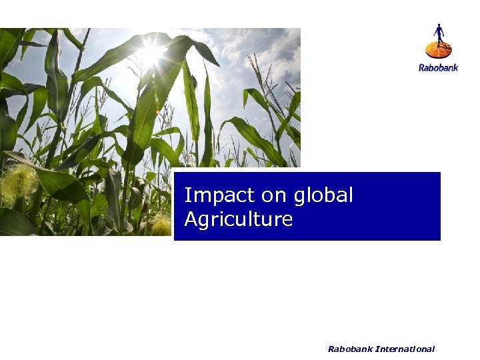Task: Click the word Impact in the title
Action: click(x=212, y=195)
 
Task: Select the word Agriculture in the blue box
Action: click(x=238, y=219)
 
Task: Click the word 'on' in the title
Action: click(x=264, y=196)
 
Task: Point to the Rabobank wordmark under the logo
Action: click(x=438, y=67)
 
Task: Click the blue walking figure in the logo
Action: click(x=438, y=35)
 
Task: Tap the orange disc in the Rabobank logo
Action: click(x=438, y=49)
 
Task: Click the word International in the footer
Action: click(x=405, y=349)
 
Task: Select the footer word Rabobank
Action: click(x=350, y=349)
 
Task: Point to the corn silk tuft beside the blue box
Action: click(x=161, y=225)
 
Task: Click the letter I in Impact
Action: click(x=187, y=195)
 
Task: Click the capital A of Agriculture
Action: click(x=191, y=219)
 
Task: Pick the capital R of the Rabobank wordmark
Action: click(x=421, y=67)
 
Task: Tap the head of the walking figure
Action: click(x=438, y=26)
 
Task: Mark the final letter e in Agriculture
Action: click(x=287, y=221)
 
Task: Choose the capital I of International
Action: click(x=377, y=349)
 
